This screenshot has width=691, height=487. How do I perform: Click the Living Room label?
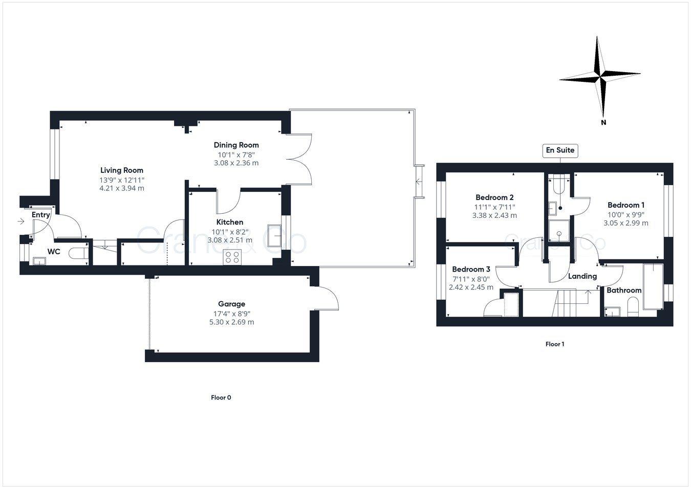point(122,170)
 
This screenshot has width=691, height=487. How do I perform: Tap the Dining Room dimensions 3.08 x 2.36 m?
point(236,163)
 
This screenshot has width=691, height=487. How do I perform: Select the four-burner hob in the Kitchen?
point(232,257)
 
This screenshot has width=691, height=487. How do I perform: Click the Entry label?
point(40,215)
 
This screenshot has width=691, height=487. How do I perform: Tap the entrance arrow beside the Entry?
point(20,222)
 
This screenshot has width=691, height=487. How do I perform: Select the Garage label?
point(231,304)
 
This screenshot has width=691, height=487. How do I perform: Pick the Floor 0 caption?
point(221,397)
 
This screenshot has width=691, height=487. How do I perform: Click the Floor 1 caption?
point(554,344)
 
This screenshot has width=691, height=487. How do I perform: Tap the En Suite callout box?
point(560,150)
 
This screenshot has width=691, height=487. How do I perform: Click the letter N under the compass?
point(603,122)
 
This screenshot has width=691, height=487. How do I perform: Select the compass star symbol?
point(600,77)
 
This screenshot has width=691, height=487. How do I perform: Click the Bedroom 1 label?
point(625,205)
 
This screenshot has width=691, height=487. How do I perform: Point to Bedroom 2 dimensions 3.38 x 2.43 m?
point(494,215)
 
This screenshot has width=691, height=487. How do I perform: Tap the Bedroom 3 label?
point(471,269)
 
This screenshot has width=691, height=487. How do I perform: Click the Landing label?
point(582,276)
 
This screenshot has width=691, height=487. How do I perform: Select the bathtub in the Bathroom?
point(653,286)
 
